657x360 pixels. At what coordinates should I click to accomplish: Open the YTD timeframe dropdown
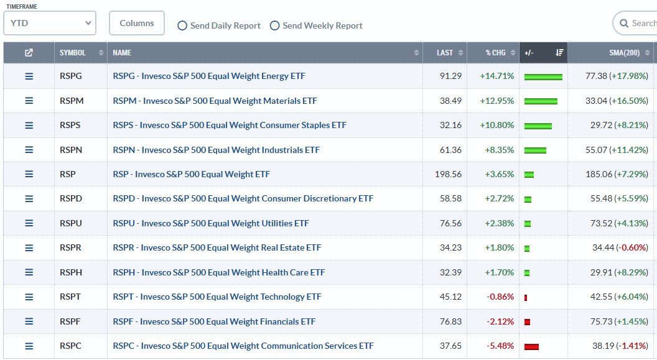click(50, 24)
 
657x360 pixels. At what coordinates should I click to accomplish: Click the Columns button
click(137, 23)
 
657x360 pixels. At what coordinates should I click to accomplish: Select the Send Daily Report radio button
click(182, 25)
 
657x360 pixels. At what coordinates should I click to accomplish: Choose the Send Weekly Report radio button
click(274, 25)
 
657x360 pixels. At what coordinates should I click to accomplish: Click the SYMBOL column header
click(73, 53)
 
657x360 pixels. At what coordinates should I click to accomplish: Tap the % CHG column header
click(496, 53)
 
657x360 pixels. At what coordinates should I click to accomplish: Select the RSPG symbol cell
click(71, 76)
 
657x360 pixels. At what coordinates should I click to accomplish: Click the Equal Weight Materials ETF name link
click(215, 101)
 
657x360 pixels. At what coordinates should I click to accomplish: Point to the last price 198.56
click(448, 174)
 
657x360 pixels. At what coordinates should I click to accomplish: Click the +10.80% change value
click(497, 125)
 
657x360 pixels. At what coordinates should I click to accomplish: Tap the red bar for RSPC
click(531, 346)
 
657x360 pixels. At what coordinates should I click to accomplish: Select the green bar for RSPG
click(543, 76)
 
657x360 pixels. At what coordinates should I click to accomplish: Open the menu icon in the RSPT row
click(29, 297)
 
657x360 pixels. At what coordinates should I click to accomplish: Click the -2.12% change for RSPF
click(500, 321)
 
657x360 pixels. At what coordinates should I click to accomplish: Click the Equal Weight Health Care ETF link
click(219, 272)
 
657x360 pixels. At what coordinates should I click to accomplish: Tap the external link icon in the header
click(29, 53)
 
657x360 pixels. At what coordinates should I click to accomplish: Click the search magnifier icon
click(623, 24)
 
